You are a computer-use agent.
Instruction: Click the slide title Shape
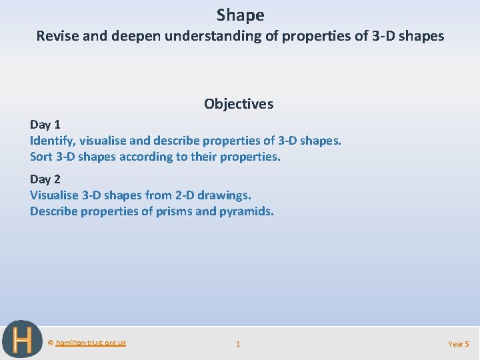[x=240, y=15]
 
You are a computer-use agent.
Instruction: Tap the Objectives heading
[x=239, y=104]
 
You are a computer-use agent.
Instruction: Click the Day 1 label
[x=45, y=125]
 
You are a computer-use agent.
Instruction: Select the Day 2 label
[x=45, y=179]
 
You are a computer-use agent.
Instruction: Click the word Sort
[x=41, y=157]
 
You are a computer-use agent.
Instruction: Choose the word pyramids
[x=245, y=211]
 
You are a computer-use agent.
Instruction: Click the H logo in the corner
[x=22, y=339]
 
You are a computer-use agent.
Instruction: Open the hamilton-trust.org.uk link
[x=91, y=343]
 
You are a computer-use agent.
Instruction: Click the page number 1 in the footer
[x=238, y=344]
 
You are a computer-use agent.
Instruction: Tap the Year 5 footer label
[x=459, y=344]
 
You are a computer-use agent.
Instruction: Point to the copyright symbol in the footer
[x=51, y=343]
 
